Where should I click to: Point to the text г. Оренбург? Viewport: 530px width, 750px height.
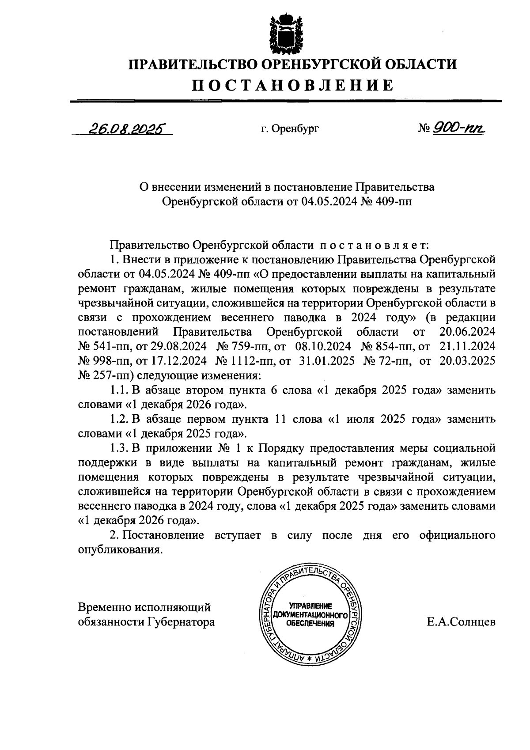pyautogui.click(x=289, y=129)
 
